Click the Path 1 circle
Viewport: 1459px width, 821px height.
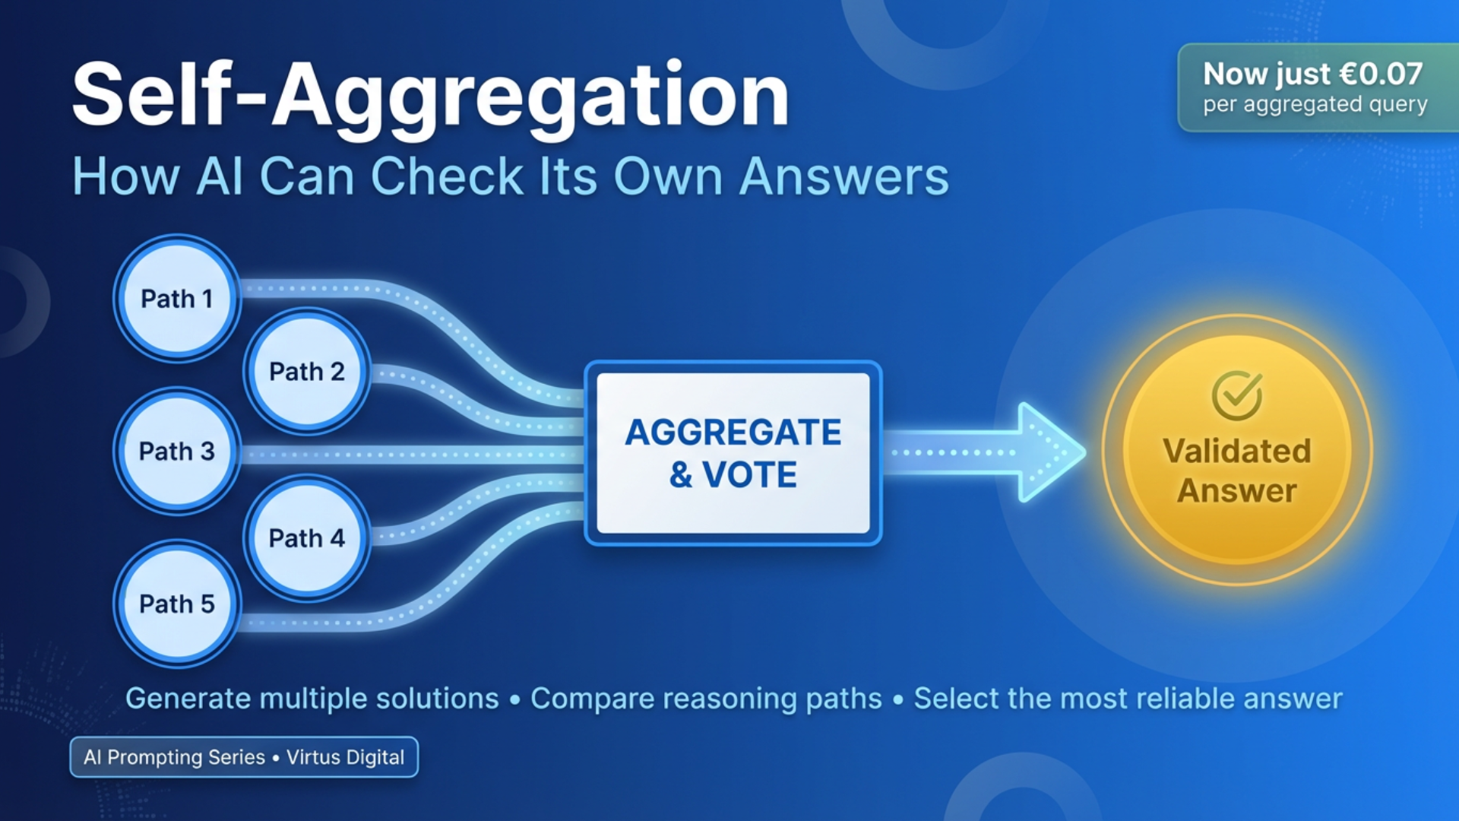177,298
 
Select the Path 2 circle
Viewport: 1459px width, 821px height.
307,371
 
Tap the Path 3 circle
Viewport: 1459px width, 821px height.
177,451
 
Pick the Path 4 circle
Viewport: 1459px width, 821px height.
307,537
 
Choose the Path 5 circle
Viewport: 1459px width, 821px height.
177,604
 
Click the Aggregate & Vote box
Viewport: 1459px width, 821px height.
733,453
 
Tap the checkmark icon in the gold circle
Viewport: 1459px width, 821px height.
1237,395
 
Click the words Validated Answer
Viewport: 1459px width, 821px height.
1237,471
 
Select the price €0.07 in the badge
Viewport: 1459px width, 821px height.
1380,74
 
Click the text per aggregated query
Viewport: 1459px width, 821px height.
1315,104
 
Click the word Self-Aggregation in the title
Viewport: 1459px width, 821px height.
431,97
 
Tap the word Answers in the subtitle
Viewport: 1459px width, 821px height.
843,176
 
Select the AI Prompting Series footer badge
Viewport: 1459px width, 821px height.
243,757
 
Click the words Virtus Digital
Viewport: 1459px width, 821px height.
345,757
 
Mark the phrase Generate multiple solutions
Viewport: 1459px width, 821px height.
312,698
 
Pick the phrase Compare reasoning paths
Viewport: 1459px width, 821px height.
706,698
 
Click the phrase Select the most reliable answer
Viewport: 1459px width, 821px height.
1128,698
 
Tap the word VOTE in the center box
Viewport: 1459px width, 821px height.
749,475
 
